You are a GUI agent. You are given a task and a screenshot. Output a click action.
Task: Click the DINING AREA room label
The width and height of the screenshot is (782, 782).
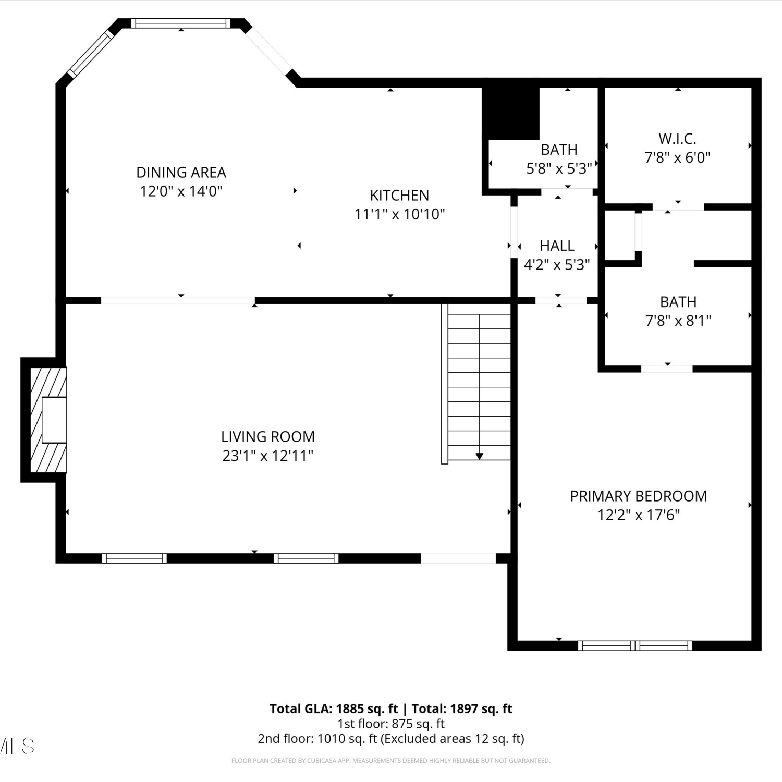point(181,172)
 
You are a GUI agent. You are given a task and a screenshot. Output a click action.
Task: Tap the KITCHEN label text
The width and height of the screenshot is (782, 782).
point(399,195)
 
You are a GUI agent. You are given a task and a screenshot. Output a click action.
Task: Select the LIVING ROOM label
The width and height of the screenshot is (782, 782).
point(268,436)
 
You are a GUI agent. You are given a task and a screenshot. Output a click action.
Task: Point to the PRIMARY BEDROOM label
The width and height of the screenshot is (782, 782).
point(639,496)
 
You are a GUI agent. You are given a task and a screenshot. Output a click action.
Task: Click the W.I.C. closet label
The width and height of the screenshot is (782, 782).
point(677,139)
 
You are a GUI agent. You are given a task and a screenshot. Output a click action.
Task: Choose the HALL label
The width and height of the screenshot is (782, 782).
point(557,246)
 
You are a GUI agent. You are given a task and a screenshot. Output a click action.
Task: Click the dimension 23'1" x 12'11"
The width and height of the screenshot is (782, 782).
point(268,456)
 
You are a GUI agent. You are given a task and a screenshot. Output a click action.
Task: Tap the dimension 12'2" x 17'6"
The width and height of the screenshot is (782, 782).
point(639,515)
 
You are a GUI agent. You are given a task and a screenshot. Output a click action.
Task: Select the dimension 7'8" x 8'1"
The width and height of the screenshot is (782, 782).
point(678,321)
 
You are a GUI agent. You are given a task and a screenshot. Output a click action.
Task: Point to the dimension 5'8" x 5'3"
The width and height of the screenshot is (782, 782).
point(559,168)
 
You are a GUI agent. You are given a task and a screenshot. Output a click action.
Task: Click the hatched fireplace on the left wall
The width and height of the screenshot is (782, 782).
point(48,420)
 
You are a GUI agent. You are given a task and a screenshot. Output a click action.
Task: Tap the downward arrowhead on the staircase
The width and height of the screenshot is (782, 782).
point(479,457)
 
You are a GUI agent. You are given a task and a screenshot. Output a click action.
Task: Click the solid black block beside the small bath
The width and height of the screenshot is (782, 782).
point(510,113)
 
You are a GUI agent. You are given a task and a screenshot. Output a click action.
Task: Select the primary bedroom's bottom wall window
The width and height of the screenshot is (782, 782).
point(635,645)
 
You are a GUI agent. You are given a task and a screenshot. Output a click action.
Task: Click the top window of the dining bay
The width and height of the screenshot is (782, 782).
point(180,23)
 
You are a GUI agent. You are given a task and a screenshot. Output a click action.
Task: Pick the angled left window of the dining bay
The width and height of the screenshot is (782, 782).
point(91,53)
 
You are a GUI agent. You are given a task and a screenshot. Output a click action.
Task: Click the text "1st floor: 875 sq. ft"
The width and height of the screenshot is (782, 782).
point(391,724)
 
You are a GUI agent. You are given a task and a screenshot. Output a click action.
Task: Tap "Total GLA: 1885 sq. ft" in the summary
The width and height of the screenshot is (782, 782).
point(334,708)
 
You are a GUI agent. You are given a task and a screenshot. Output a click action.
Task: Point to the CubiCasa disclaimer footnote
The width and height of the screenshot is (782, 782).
point(391,761)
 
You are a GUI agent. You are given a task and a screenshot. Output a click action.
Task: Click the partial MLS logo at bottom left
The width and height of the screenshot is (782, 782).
point(17,746)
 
